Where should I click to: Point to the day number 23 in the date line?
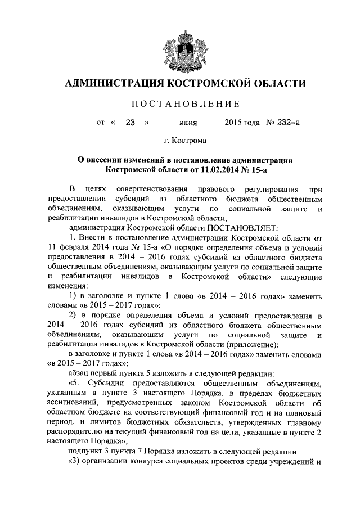pyautogui.click(x=131, y=122)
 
